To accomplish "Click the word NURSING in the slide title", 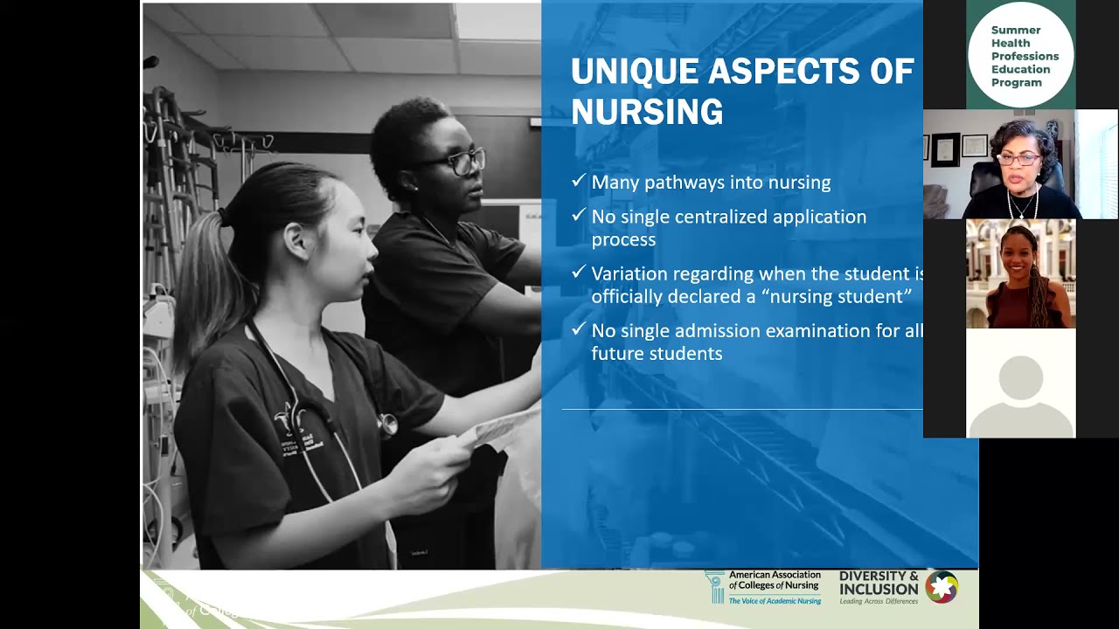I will pyautogui.click(x=647, y=112).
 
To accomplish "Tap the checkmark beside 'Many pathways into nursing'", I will pyautogui.click(x=578, y=181).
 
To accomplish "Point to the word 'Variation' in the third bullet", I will pyautogui.click(x=629, y=274).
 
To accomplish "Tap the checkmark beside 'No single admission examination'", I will pyautogui.click(x=578, y=329).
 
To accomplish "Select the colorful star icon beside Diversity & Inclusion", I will pyautogui.click(x=942, y=587).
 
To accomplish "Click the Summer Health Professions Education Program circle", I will pyautogui.click(x=1020, y=55).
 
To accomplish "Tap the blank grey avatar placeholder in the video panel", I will pyautogui.click(x=1020, y=384).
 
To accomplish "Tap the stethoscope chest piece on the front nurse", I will pyautogui.click(x=387, y=425).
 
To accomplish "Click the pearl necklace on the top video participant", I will pyautogui.click(x=1020, y=207).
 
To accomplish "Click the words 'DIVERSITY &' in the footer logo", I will pyautogui.click(x=878, y=577).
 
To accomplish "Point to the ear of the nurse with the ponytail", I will pyautogui.click(x=295, y=238).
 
